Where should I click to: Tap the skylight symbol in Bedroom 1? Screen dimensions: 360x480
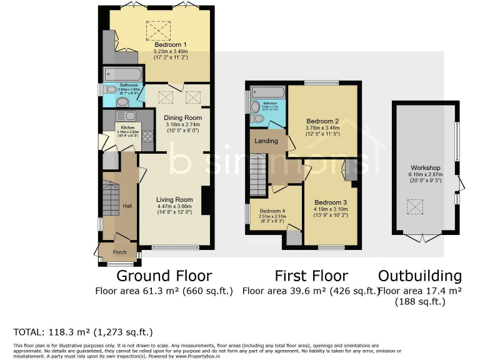[x=158, y=29]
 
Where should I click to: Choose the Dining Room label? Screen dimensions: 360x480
[x=182, y=117]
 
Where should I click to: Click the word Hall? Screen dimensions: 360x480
[x=127, y=206]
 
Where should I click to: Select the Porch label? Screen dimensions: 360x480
[x=119, y=252]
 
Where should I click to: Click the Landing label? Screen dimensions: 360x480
[x=266, y=141]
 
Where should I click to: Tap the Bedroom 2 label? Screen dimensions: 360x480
[x=323, y=122]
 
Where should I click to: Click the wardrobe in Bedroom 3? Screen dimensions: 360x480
[x=351, y=169]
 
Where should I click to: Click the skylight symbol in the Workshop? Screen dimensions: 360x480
[x=414, y=206]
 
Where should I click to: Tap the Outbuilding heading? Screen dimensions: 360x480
[x=420, y=276]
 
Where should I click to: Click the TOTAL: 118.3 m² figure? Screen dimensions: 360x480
[x=82, y=332]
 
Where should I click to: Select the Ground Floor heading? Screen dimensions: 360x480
[x=164, y=276]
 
